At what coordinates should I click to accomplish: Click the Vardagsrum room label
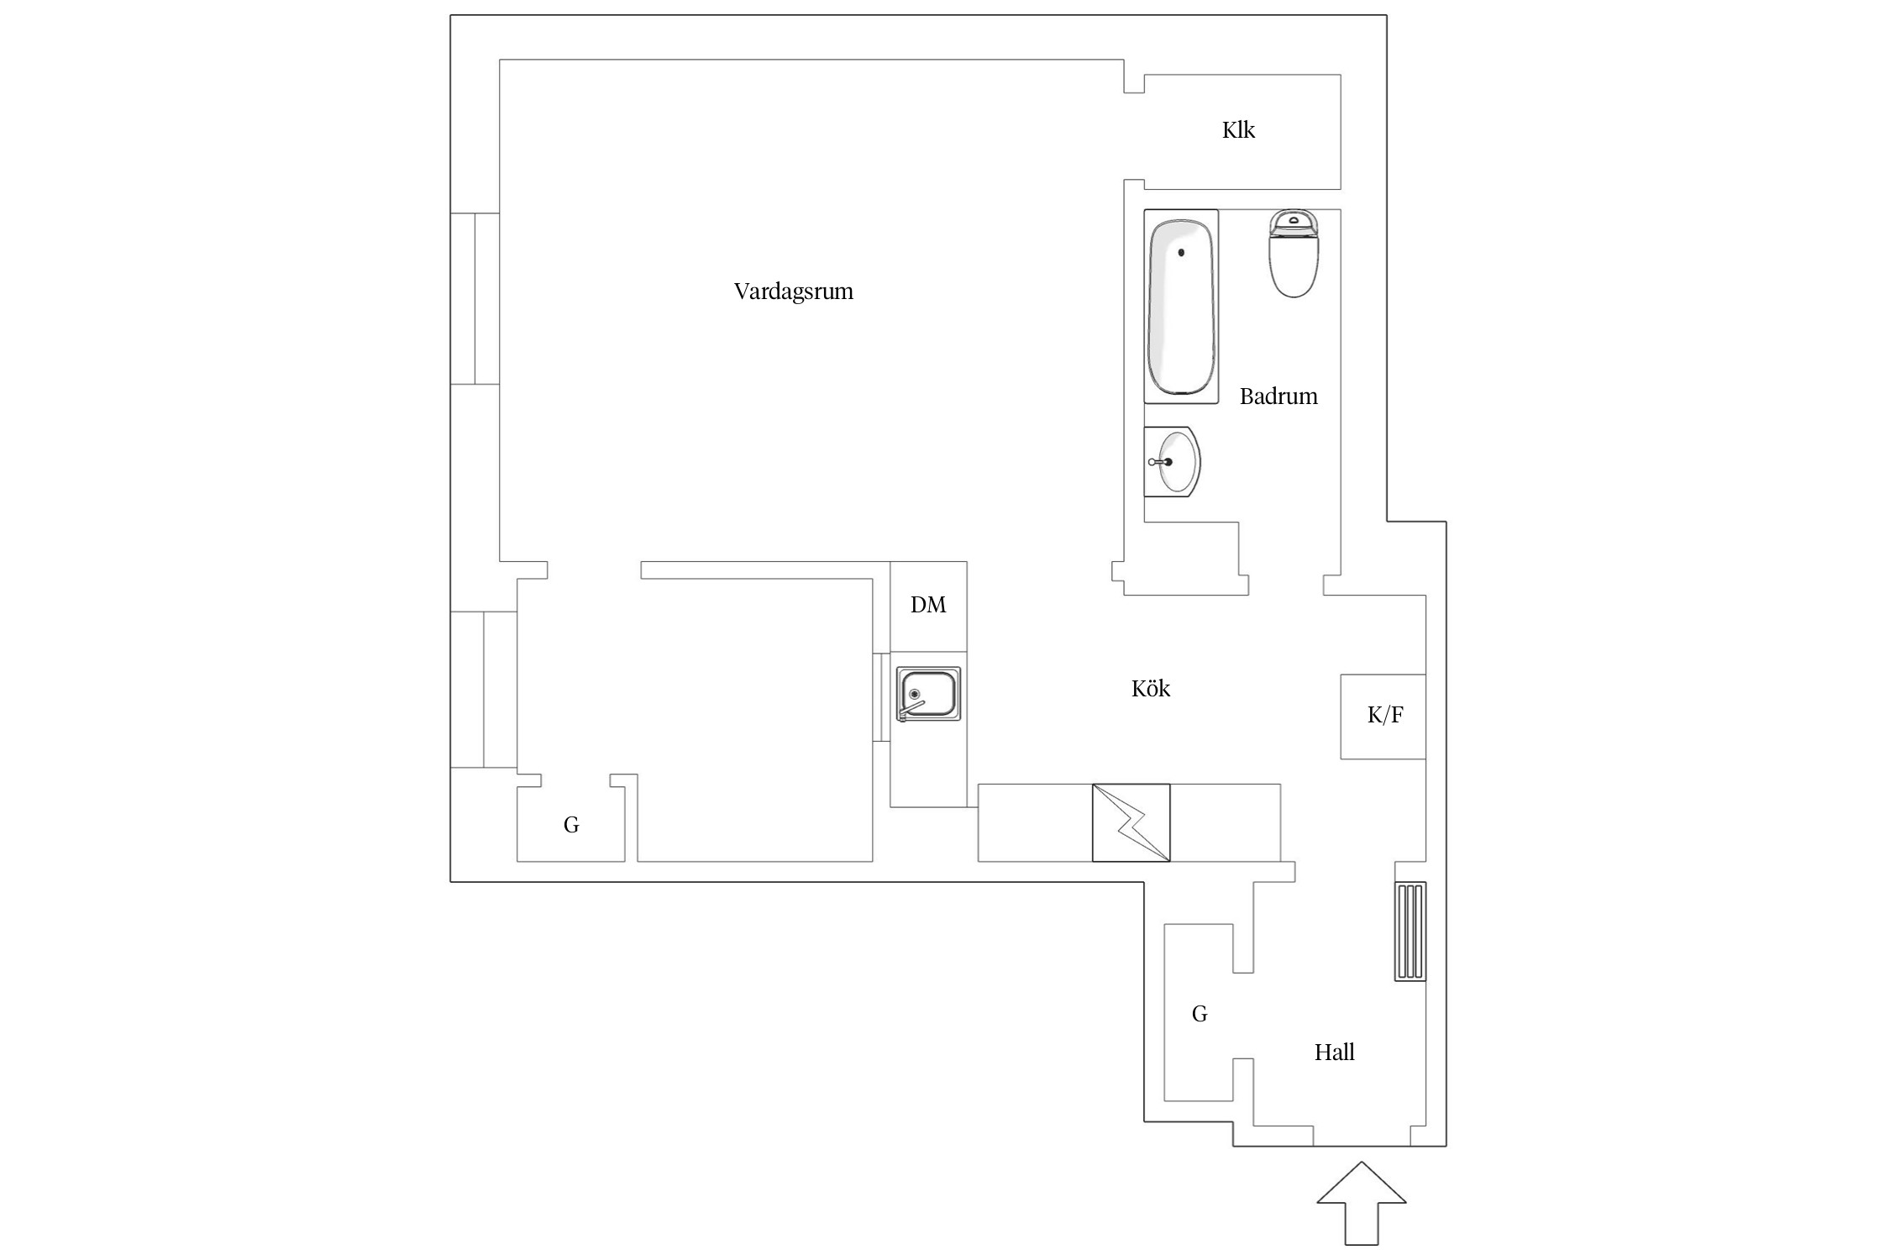tap(793, 291)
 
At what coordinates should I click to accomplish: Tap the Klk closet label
tap(1238, 130)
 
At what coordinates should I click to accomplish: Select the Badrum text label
tap(1278, 396)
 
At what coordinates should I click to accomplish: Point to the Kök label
tap(1150, 689)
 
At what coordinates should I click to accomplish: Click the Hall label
tap(1334, 1053)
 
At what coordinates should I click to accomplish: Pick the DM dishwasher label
tap(928, 605)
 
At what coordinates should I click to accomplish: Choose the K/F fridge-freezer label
tap(1385, 715)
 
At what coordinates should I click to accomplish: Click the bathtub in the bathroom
tap(1181, 307)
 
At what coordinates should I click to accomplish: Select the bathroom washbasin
tap(1173, 461)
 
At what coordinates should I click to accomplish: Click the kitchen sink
tap(928, 694)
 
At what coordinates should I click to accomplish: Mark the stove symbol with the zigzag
tap(1131, 822)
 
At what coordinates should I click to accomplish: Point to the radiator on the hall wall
tap(1410, 932)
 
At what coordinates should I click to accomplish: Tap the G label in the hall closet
tap(1200, 1015)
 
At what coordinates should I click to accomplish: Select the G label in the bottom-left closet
tap(571, 826)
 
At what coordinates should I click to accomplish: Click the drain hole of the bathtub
tap(1181, 252)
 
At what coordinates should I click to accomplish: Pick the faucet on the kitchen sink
tap(911, 706)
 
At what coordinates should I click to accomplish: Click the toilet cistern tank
tap(1294, 223)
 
